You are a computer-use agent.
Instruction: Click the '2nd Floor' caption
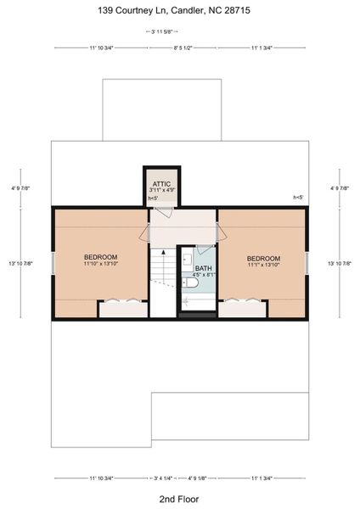[x=179, y=498]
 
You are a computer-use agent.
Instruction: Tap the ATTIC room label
[x=161, y=184]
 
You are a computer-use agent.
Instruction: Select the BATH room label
[x=204, y=268]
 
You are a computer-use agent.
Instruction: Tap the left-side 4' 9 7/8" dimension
[x=14, y=188]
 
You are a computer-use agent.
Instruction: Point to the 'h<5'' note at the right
[x=298, y=197]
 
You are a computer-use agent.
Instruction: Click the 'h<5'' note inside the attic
[x=154, y=199]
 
